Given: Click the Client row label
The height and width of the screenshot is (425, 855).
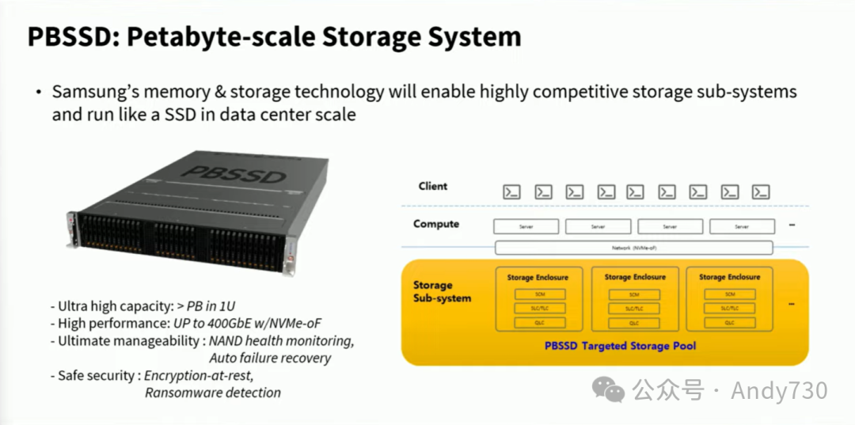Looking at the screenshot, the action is (x=433, y=187).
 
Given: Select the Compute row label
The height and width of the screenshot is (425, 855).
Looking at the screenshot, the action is (x=435, y=224).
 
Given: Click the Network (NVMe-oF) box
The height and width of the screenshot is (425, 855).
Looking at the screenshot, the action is (x=633, y=248).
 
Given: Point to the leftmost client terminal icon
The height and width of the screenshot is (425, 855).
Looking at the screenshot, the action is (x=512, y=192).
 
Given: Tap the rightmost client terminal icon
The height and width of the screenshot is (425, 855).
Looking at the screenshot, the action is (x=761, y=192).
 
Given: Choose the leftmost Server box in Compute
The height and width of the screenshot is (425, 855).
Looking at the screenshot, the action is (x=526, y=226).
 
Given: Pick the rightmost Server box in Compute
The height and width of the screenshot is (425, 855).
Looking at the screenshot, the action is (x=741, y=226).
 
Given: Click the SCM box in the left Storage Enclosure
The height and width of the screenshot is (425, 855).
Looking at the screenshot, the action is (x=537, y=294).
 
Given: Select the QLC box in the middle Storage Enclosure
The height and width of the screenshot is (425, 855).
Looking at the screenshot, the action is (x=633, y=323).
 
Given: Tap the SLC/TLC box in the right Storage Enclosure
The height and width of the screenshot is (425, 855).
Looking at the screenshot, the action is (x=729, y=309).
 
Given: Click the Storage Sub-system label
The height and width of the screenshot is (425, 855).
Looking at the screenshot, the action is (x=442, y=292).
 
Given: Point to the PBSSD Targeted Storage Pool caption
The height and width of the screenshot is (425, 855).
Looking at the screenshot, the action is (x=620, y=346).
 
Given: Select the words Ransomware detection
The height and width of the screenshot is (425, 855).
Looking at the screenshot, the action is (x=212, y=393).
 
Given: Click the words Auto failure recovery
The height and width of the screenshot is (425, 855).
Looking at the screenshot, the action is (x=270, y=358).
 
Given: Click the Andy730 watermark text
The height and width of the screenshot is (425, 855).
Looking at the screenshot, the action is (x=779, y=390).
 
